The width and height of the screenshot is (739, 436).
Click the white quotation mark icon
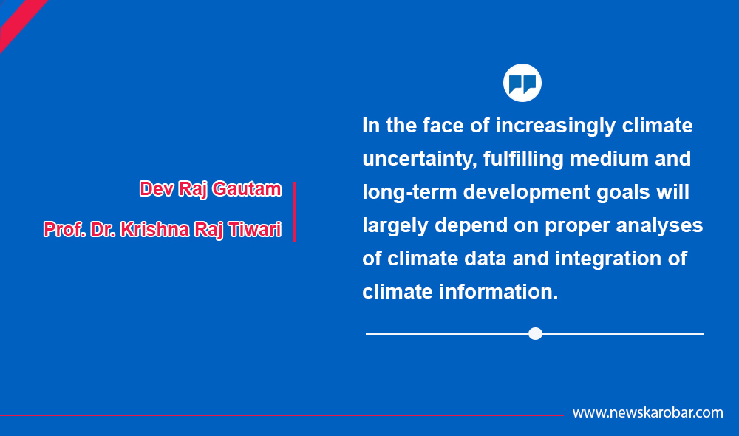click(x=522, y=83)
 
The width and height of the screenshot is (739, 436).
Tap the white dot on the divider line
click(x=535, y=334)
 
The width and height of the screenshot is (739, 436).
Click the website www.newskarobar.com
click(x=647, y=413)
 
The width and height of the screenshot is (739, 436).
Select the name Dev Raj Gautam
click(x=210, y=189)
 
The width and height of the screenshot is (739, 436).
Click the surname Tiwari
click(x=255, y=230)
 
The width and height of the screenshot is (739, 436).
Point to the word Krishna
click(x=154, y=230)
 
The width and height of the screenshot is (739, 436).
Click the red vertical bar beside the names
click(x=295, y=211)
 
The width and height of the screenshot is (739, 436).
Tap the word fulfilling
click(x=523, y=160)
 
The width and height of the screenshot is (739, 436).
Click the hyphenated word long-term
click(x=409, y=192)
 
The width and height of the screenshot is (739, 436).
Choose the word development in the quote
click(x=526, y=193)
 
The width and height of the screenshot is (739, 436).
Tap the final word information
click(x=499, y=292)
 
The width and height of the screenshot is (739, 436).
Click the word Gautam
click(x=247, y=189)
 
